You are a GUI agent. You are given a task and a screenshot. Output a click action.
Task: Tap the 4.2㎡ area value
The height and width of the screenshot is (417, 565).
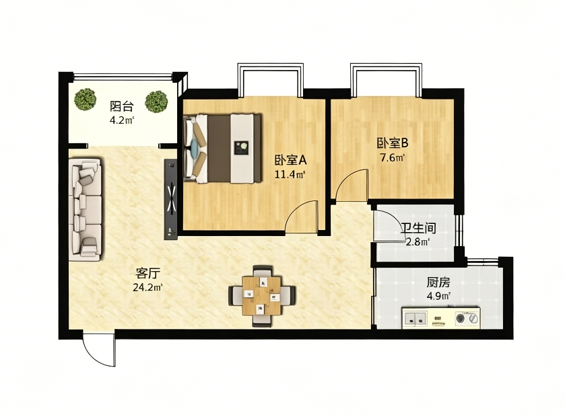click(122, 120)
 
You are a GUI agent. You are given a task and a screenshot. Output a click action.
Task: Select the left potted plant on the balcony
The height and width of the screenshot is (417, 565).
click(86, 100)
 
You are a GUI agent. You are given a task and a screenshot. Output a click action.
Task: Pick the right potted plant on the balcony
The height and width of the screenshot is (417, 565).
click(156, 101)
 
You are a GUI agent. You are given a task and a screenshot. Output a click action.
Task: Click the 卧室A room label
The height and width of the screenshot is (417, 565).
click(290, 159)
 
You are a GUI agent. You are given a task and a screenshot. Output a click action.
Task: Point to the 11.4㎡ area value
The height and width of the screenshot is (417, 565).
click(290, 175)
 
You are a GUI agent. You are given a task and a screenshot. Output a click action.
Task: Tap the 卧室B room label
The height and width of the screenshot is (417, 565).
click(393, 143)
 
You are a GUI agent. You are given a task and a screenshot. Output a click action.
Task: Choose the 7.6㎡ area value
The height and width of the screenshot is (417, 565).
click(393, 157)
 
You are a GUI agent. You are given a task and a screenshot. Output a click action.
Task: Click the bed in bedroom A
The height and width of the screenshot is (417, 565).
click(222, 148)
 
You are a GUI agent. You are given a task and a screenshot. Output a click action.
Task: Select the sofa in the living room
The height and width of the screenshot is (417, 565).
click(86, 209)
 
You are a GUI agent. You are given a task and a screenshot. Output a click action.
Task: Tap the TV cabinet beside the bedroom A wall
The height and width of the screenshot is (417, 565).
click(171, 199)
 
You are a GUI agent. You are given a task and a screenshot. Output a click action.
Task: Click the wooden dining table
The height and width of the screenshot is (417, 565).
click(262, 295)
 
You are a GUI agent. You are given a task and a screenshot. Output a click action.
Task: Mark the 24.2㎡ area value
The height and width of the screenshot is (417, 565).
click(147, 288)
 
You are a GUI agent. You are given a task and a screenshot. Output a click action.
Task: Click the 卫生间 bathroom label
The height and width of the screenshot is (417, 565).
click(419, 228)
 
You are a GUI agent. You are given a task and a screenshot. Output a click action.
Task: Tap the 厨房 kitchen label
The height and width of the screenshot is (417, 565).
click(438, 282)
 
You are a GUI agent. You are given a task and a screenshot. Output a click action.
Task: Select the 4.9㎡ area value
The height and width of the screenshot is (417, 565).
click(438, 297)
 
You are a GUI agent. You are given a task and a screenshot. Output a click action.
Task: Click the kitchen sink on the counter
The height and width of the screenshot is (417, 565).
click(415, 318)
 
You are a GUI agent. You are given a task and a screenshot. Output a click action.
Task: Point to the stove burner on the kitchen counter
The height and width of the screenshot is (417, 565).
click(461, 318)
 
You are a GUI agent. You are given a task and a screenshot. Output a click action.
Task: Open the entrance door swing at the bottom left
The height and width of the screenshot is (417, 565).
click(99, 350)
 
